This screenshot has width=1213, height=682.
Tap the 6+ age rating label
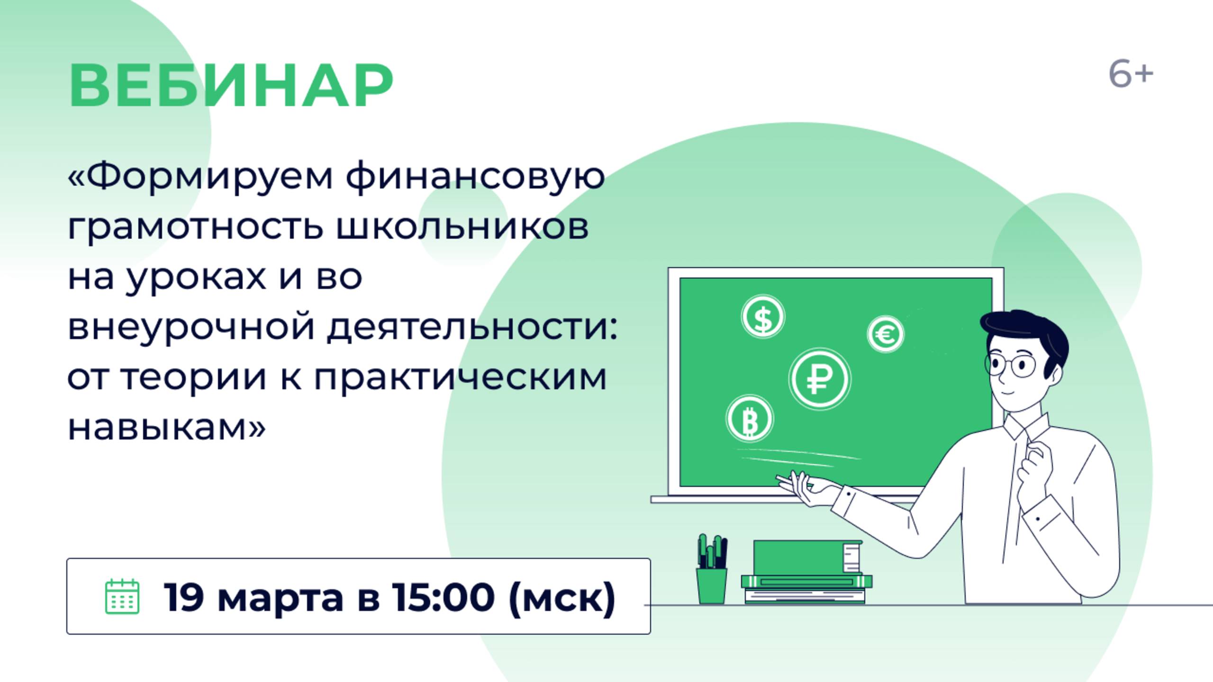pos(1130,75)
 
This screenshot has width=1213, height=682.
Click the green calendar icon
pos(122,596)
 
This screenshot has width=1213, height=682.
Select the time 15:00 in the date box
pos(443,597)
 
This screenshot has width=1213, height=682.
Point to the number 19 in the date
pos(184,597)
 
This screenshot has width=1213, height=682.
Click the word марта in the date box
pos(280,598)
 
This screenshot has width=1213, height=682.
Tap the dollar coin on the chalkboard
pos(762,317)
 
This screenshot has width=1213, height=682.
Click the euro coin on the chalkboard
pos(885,334)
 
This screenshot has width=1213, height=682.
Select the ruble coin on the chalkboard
pos(819,379)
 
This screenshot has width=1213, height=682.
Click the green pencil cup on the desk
pos(711,585)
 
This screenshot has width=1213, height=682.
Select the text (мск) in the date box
pos(561,598)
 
